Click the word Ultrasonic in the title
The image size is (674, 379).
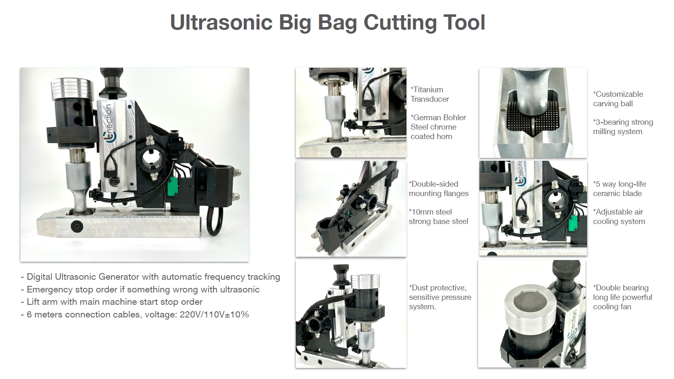pos(221,22)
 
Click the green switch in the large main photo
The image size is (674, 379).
pos(172,187)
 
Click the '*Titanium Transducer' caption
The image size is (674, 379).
pos(430,94)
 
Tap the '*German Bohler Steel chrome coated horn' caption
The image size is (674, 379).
pos(438,127)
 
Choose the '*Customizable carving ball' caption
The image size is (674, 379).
pos(618,99)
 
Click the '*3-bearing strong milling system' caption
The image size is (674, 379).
pos(623,127)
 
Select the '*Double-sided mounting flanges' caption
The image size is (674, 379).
pos(438,189)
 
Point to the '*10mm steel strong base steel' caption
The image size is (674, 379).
pos(438,217)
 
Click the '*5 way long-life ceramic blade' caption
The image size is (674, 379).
pos(619,189)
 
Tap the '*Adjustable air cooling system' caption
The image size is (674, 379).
pos(619,217)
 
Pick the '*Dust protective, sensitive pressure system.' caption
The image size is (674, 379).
pos(440,297)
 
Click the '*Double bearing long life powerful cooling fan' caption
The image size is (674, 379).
pos(622,297)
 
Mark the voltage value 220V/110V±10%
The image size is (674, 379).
pos(214,315)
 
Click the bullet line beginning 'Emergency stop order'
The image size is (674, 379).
pos(140,290)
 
